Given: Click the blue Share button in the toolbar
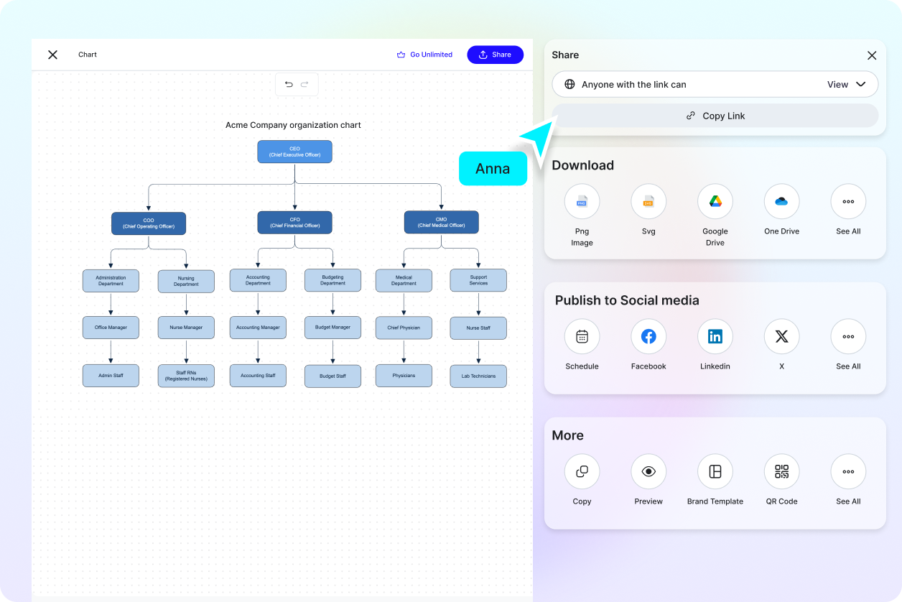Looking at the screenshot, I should [495, 55].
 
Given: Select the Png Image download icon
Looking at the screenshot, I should [582, 202].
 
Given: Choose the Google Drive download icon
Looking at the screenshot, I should [715, 202].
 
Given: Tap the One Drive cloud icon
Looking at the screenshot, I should [781, 202].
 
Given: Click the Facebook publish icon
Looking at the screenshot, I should [648, 336].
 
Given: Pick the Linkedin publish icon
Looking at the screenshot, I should [715, 336].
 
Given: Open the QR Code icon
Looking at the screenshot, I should [781, 471].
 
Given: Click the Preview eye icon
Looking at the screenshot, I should [648, 471].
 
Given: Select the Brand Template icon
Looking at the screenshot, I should [715, 471].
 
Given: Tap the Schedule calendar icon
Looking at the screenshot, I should [582, 336].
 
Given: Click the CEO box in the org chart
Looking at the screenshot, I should [294, 152].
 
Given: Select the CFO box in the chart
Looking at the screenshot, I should [294, 223].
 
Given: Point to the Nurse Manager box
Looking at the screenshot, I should [186, 328].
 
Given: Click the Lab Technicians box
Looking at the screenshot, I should [478, 376].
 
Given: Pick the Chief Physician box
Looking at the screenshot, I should [404, 328].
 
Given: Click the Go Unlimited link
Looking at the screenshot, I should [424, 55].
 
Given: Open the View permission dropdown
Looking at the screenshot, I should [847, 84].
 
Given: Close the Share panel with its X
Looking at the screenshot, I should [872, 55].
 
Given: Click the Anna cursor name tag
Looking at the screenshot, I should [493, 169].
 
